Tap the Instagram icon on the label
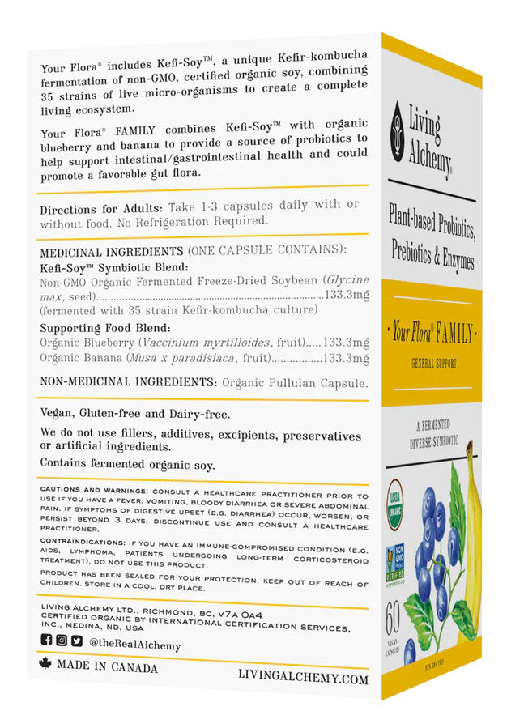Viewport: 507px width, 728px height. click(61, 640)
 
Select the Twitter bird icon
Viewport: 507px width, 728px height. click(76, 641)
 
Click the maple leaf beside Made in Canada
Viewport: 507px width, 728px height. click(45, 663)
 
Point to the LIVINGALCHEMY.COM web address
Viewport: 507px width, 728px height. click(304, 677)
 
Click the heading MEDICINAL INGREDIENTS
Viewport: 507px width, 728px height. click(111, 251)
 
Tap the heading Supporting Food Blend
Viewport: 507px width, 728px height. click(105, 328)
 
